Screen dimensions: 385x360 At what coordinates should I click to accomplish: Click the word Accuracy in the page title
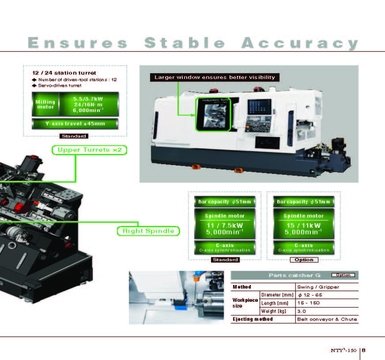[300, 43]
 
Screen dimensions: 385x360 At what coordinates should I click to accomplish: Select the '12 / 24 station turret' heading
[64, 73]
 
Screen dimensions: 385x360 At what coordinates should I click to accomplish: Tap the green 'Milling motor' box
[45, 104]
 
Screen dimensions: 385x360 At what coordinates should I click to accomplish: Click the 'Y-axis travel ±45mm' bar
[75, 124]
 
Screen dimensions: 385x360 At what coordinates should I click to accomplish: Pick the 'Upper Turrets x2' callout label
[89, 150]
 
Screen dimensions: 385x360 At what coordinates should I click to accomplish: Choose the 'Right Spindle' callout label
[148, 231]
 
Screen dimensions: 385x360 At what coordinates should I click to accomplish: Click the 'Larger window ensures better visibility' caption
[215, 77]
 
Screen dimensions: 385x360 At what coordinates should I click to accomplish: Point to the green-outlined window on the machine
[213, 114]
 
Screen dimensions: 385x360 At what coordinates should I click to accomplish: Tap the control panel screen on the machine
[259, 107]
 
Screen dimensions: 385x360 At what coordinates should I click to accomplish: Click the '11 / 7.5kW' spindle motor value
[225, 225]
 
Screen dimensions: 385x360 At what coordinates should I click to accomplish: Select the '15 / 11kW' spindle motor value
[303, 225]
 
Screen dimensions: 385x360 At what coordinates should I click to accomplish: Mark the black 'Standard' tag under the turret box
[74, 136]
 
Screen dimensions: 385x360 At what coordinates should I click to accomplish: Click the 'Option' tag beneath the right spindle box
[304, 259]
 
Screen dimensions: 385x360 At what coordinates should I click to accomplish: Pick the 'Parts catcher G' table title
[294, 275]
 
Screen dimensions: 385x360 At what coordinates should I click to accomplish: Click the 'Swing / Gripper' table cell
[318, 287]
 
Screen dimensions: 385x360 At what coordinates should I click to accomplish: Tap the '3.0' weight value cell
[302, 311]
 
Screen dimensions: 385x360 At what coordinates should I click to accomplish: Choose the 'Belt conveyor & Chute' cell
[327, 319]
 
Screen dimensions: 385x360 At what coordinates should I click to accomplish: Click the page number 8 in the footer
[364, 350]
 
